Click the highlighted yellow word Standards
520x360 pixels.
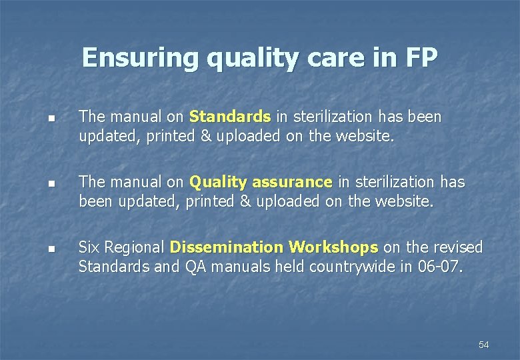[x=230, y=117]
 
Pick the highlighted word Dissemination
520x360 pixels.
[x=227, y=247]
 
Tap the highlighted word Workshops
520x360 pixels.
[x=333, y=247]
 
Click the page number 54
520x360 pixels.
[x=483, y=345]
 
